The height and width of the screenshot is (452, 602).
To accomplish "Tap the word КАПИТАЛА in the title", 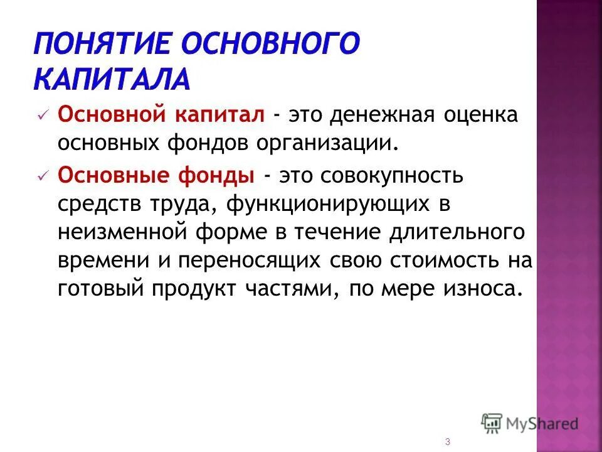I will (x=110, y=80).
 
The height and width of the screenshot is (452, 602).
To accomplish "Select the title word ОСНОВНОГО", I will (x=272, y=45).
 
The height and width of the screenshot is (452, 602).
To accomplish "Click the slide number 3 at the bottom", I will (x=447, y=442).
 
